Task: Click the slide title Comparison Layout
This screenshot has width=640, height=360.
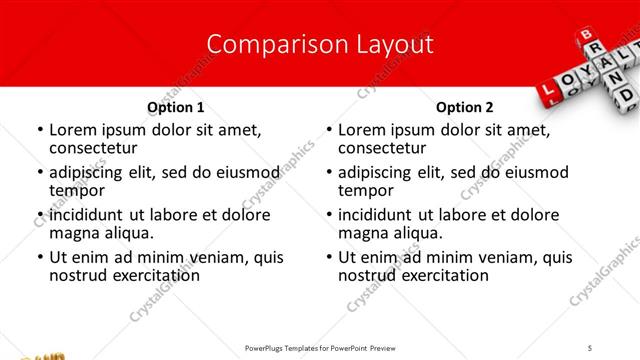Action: pos(320,44)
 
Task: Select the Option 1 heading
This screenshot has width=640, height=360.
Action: pos(175,107)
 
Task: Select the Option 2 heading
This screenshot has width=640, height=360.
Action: pos(464,107)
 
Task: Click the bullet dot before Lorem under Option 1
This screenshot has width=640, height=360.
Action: pos(39,130)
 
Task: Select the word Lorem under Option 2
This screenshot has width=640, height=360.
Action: pos(362,130)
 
